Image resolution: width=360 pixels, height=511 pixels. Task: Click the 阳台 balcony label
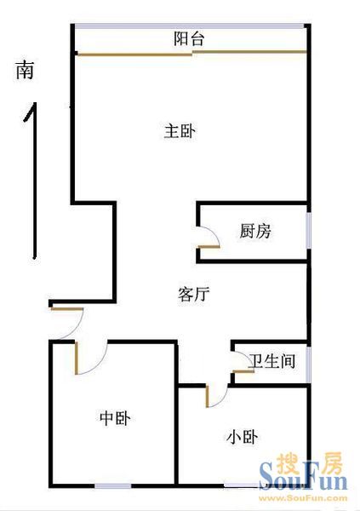(189, 39)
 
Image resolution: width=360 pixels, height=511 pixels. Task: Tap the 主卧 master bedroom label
(180, 131)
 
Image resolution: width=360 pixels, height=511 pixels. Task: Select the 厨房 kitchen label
(255, 232)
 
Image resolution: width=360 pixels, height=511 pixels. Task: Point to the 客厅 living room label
(194, 295)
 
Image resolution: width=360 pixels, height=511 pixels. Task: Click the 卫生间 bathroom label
(272, 361)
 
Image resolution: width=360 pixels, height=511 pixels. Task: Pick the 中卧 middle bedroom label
(116, 418)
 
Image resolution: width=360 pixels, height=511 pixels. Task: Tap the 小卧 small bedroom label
(242, 437)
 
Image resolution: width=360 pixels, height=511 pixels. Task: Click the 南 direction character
(25, 70)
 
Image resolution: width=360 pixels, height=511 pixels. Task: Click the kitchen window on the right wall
(309, 231)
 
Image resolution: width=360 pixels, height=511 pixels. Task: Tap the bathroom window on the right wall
(309, 365)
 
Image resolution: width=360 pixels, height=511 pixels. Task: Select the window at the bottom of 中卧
(112, 486)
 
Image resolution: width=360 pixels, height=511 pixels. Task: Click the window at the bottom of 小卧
(242, 485)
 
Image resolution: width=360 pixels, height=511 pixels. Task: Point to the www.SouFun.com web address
(303, 498)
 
